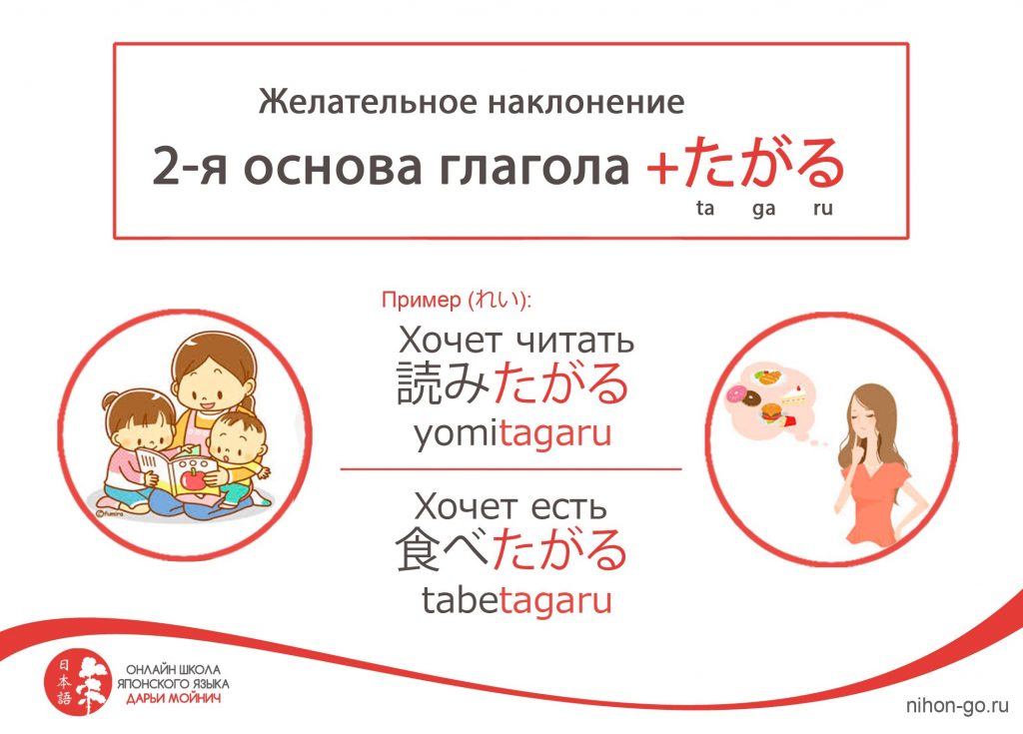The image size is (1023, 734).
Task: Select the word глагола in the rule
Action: tap(533, 167)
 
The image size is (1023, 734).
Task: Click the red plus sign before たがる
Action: tap(662, 169)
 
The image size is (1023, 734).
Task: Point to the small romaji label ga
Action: tap(763, 209)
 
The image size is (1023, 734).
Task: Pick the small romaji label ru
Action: tap(823, 209)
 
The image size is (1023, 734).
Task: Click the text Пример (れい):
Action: tap(457, 300)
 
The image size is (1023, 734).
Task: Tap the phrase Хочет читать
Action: tap(516, 340)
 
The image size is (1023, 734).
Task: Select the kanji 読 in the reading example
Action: tap(419, 382)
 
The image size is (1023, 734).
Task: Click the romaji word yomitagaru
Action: tap(512, 433)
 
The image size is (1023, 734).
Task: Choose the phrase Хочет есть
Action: tap(511, 506)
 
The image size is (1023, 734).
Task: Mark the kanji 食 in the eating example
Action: tap(419, 549)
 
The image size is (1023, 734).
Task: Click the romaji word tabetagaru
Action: tap(516, 600)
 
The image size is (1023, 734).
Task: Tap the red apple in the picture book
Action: tap(193, 479)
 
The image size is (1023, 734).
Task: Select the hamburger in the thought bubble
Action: tap(771, 413)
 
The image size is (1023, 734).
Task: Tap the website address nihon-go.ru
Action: tap(957, 705)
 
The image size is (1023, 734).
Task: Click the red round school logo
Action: tap(77, 681)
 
